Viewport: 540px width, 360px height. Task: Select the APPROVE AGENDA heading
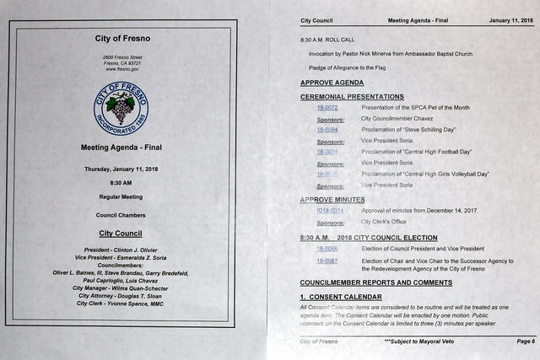(x=332, y=83)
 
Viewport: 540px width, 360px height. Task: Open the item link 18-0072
(x=327, y=108)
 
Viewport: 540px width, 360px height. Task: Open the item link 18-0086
(x=327, y=249)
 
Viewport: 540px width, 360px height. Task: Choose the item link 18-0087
(x=327, y=261)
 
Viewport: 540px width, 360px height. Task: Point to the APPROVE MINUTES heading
(x=332, y=200)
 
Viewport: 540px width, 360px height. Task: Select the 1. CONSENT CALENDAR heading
(x=341, y=297)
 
